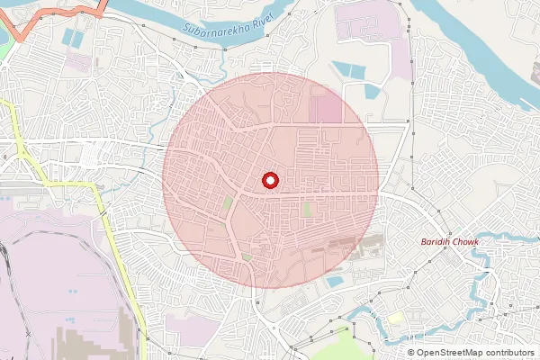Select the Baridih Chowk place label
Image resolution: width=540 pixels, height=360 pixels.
pyautogui.click(x=451, y=243)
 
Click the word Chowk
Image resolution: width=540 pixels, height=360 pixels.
pyautogui.click(x=465, y=243)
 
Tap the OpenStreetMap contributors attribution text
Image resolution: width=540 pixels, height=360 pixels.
pyautogui.click(x=475, y=352)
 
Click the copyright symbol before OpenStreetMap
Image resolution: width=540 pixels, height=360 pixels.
pyautogui.click(x=411, y=352)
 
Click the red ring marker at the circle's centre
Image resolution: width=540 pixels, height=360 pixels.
pyautogui.click(x=270, y=180)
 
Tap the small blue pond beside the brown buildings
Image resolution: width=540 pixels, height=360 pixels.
pyautogui.click(x=335, y=282)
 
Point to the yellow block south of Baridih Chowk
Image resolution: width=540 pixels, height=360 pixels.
pyautogui.click(x=396, y=317)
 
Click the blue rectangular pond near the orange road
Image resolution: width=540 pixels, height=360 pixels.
pyautogui.click(x=71, y=40)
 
